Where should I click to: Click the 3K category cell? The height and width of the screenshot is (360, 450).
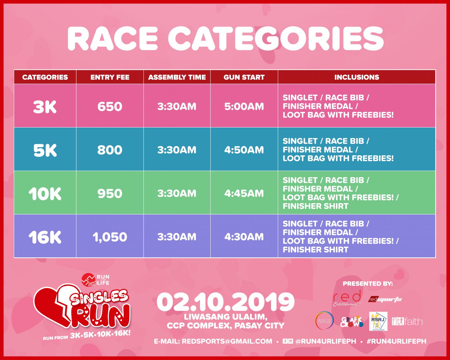click(x=45, y=107)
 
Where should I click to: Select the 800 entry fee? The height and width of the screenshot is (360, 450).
click(x=110, y=150)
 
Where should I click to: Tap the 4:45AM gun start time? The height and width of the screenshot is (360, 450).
click(x=244, y=193)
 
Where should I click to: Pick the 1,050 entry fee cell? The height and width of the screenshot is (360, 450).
click(x=110, y=237)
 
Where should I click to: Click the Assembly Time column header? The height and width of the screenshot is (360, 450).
click(x=177, y=77)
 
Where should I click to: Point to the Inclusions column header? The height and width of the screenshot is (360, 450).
click(x=357, y=77)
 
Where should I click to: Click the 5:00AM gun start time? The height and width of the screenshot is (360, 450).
click(x=244, y=107)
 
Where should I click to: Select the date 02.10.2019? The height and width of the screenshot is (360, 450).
click(x=225, y=302)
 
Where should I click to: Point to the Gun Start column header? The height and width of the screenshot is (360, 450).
click(x=244, y=77)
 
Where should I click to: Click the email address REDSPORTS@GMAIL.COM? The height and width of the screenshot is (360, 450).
click(x=227, y=341)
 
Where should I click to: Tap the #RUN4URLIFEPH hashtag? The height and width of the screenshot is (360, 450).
click(x=396, y=341)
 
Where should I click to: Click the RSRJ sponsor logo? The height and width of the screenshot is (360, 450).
click(x=378, y=321)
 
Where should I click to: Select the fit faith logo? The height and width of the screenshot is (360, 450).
click(x=407, y=322)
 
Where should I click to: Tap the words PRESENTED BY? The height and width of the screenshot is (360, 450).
click(x=367, y=284)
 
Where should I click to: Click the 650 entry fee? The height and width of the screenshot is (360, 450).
click(x=110, y=107)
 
